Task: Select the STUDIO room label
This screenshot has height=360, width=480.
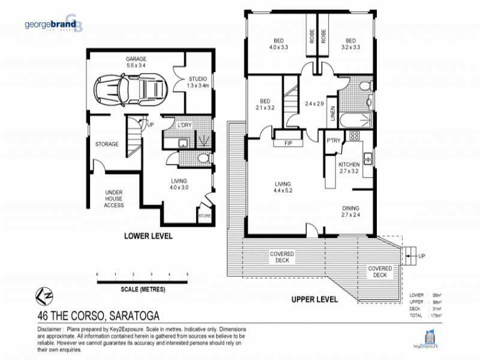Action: click(x=197, y=82)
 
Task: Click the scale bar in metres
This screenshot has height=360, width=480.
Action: click(x=142, y=278)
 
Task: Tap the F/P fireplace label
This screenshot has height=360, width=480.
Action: click(x=287, y=143)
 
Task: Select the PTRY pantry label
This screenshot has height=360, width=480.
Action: click(x=333, y=141)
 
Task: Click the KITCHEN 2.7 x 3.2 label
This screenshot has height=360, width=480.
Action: click(x=349, y=167)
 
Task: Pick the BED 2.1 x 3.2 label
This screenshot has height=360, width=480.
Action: click(x=266, y=105)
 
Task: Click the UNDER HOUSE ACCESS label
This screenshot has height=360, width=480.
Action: click(x=114, y=199)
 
